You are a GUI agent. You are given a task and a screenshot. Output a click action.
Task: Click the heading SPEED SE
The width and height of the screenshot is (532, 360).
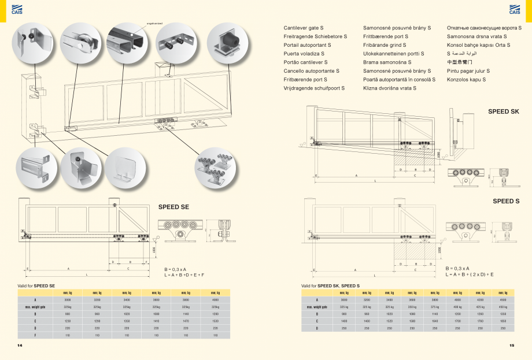pyautogui.click(x=173, y=206)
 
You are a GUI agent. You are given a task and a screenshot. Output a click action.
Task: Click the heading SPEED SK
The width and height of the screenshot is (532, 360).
pyautogui.click(x=503, y=111)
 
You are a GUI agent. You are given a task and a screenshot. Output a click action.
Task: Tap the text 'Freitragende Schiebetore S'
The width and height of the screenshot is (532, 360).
pyautogui.click(x=315, y=36)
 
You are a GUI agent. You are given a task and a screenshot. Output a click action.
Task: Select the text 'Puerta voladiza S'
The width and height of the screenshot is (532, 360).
pyautogui.click(x=305, y=53)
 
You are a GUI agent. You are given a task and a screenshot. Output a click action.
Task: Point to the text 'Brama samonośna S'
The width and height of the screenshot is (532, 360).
pyautogui.click(x=387, y=62)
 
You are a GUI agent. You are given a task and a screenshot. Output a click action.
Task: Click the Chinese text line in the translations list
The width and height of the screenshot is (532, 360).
pyautogui.click(x=460, y=62)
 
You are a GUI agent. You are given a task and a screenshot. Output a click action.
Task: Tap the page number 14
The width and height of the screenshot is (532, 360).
pyautogui.click(x=20, y=346)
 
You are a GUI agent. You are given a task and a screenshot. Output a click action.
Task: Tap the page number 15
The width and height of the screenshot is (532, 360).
pyautogui.click(x=511, y=346)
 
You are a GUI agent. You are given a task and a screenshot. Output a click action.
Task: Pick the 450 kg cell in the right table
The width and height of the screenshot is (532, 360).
pyautogui.click(x=503, y=307)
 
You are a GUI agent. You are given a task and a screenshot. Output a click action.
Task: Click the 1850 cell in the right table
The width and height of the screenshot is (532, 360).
pyautogui.click(x=503, y=321)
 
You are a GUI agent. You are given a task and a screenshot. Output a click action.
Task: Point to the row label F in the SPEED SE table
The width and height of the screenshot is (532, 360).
pyautogui.click(x=35, y=335)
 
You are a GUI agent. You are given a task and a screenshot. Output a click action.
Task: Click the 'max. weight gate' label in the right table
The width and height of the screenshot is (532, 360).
pyautogui.click(x=317, y=307)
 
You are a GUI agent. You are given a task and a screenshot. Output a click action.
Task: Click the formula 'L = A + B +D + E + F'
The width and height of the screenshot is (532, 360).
pyautogui.click(x=184, y=274)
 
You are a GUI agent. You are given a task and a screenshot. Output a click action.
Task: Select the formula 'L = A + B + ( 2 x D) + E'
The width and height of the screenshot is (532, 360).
pyautogui.click(x=470, y=274)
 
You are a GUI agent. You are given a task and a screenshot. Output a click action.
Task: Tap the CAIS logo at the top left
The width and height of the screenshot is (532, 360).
pyautogui.click(x=17, y=9)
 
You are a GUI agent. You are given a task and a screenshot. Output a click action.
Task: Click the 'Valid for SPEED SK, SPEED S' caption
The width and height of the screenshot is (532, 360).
pyautogui.click(x=330, y=285)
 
